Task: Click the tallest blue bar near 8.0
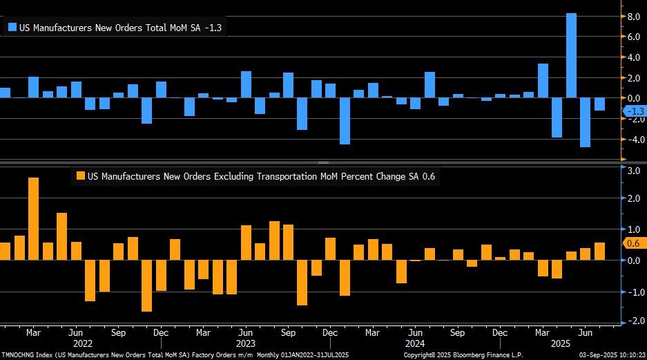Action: (x=571, y=55)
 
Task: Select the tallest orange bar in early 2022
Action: (x=33, y=218)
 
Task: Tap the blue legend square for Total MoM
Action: (x=12, y=28)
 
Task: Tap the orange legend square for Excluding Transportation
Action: (x=81, y=176)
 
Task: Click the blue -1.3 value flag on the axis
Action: (x=633, y=111)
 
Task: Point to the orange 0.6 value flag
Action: (x=633, y=243)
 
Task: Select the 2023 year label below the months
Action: (x=244, y=343)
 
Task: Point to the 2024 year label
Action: (x=414, y=343)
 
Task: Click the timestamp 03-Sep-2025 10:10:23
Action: (x=608, y=354)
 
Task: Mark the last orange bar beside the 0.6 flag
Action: (x=599, y=252)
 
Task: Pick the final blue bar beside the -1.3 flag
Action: (x=599, y=104)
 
